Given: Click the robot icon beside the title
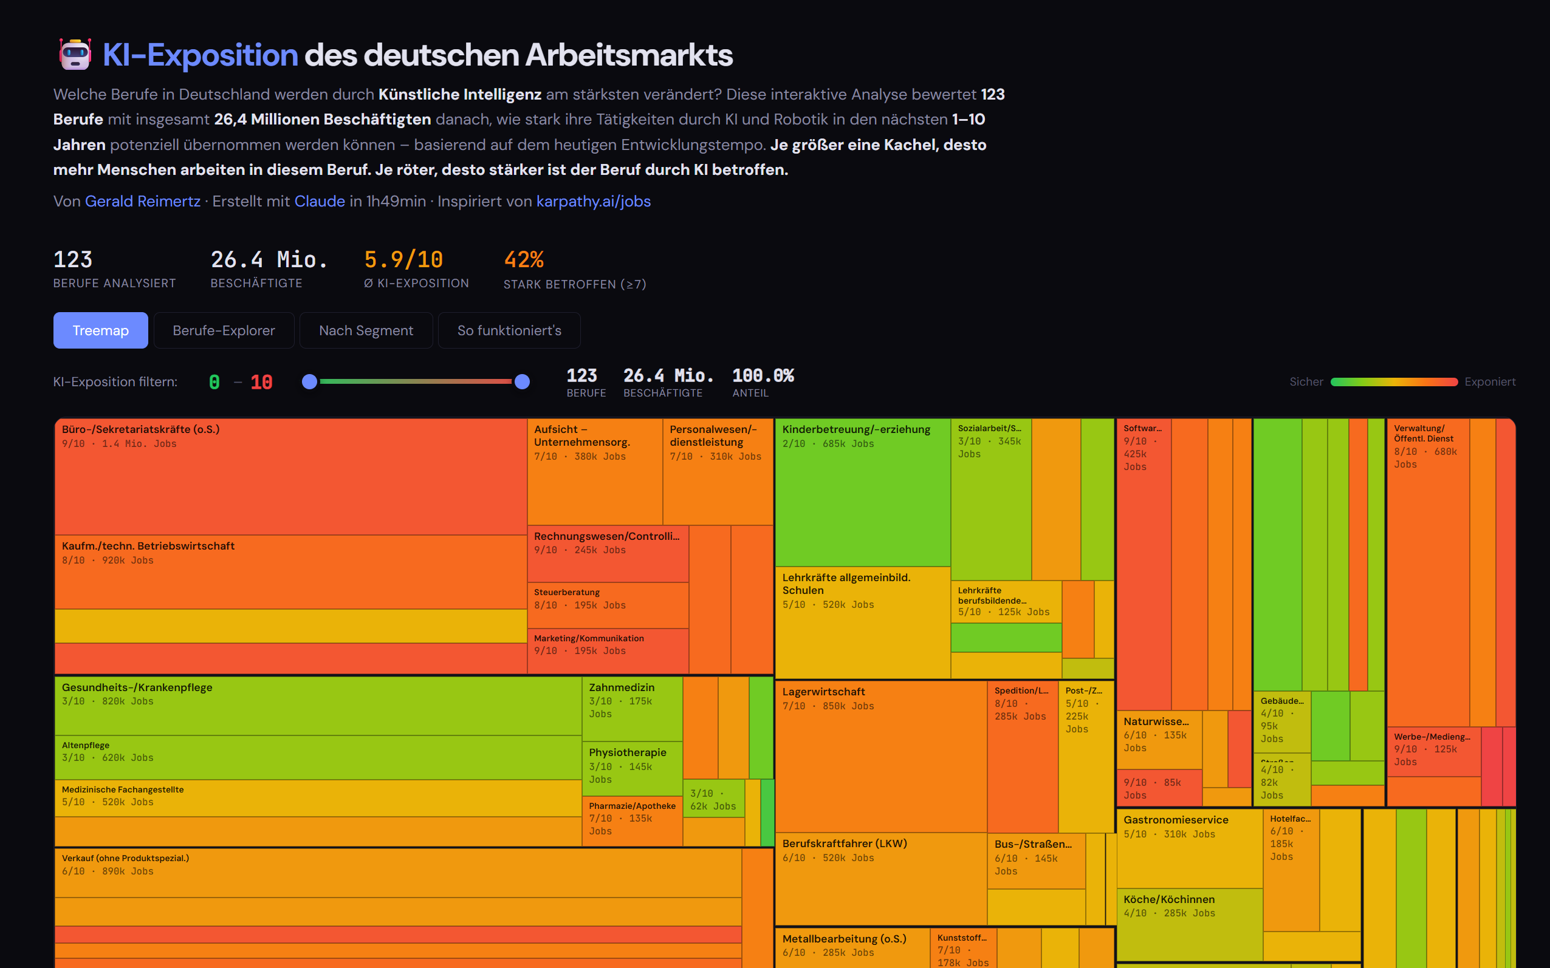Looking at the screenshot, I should (75, 55).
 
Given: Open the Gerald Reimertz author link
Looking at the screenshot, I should (142, 201).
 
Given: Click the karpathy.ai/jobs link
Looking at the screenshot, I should (593, 201).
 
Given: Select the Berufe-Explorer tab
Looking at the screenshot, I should (224, 330).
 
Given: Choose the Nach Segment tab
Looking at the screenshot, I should (366, 330).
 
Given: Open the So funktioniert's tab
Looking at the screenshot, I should (509, 330).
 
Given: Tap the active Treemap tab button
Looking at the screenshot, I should (100, 330).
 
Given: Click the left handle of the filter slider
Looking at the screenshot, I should (309, 382).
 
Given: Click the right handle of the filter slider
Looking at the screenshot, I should (522, 382).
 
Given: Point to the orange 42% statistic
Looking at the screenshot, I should (523, 260).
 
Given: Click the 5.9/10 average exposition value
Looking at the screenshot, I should (403, 260).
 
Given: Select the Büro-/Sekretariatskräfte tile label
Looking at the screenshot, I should (140, 429).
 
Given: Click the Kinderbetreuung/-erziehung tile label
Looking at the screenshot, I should (856, 429).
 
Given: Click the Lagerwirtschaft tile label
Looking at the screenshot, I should (823, 692).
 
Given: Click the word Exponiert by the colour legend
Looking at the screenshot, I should (1489, 382).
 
